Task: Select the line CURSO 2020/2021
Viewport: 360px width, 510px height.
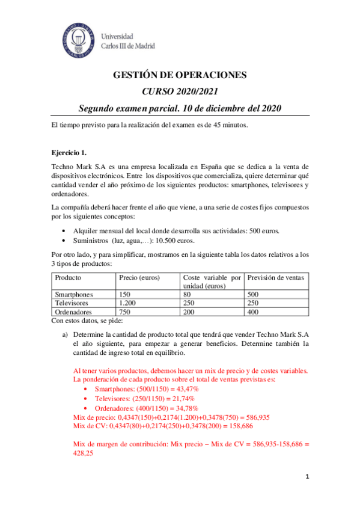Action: [x=180, y=91]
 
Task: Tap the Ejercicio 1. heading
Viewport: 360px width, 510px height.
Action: [x=69, y=152]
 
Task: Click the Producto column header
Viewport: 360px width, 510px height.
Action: [x=68, y=278]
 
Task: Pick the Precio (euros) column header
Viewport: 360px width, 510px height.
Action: [x=139, y=278]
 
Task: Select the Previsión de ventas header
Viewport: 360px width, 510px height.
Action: [x=275, y=278]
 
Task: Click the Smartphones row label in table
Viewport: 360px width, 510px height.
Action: [x=74, y=295]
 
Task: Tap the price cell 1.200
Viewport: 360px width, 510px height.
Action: [x=128, y=303]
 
